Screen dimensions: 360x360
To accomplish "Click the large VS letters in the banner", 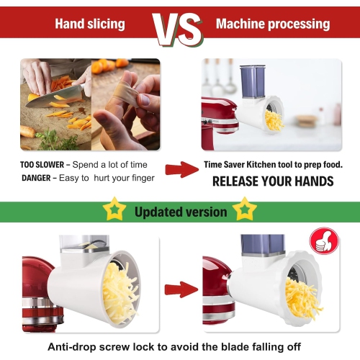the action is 178,30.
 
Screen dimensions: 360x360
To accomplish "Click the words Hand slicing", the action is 90,24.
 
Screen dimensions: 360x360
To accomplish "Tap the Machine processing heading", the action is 273,24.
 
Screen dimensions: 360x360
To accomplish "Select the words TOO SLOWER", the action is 42,165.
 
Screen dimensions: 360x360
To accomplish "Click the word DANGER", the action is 36,178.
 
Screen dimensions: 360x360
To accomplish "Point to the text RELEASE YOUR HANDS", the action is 273,181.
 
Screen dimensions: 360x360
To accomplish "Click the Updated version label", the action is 181,212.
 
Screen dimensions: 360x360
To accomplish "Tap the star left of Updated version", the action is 114,209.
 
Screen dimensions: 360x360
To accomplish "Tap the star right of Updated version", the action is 245,209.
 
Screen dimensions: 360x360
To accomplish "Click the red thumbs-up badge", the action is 324,240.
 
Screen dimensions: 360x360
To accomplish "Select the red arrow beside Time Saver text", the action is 182,169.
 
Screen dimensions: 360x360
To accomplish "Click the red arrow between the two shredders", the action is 181,289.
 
